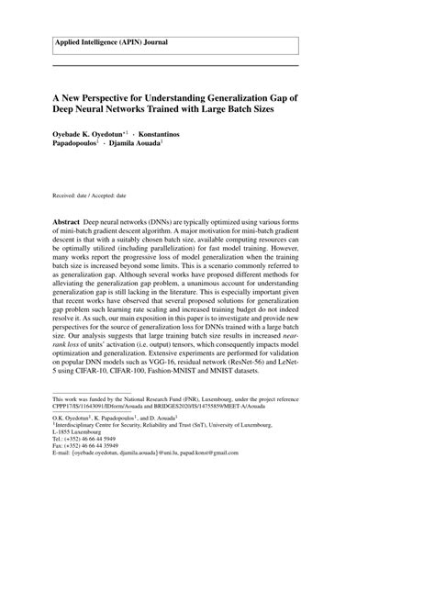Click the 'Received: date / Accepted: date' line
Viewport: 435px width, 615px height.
coord(89,196)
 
